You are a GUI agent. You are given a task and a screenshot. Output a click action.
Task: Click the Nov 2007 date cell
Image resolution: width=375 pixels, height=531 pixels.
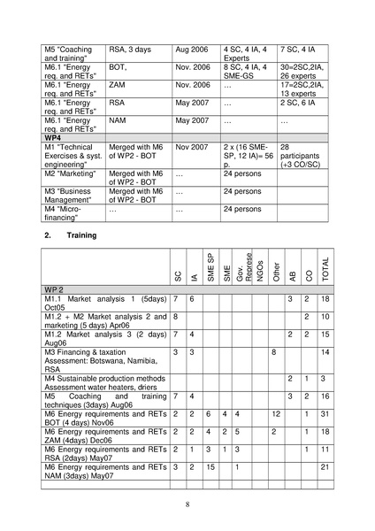pos(192,148)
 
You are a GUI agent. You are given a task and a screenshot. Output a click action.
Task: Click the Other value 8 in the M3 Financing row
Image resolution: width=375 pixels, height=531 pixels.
pos(274,353)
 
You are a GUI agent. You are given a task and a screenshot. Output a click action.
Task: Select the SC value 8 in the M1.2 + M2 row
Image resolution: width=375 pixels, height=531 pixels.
pos(176,317)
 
